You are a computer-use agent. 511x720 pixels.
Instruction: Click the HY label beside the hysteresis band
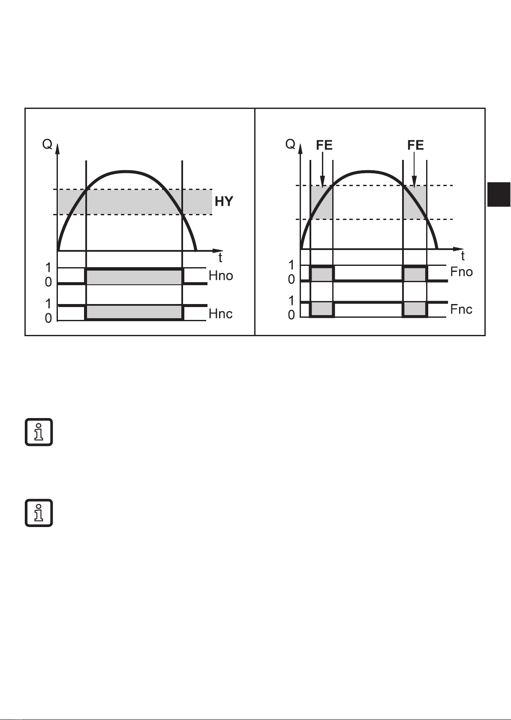[x=224, y=202]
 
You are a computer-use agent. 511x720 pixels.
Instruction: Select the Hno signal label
[x=221, y=276]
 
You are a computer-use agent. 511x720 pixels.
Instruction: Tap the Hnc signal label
[x=220, y=314]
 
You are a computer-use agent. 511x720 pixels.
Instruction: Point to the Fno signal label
[x=462, y=272]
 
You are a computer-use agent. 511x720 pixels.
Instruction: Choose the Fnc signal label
[x=461, y=309]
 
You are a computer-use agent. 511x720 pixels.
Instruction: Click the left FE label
[x=324, y=145]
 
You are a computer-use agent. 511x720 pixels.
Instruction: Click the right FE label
[x=415, y=145]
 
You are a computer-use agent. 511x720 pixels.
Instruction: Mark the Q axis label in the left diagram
[x=47, y=145]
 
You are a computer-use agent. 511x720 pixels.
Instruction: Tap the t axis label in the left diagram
[x=220, y=257]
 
